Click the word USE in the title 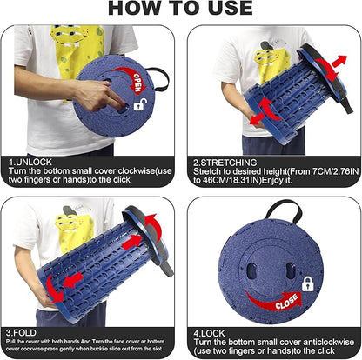[x=231, y=8]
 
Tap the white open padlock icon [x=140, y=104]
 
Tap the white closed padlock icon [x=308, y=283]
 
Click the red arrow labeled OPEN [x=134, y=79]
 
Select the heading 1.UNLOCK [x=30, y=162]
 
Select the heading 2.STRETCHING [x=225, y=163]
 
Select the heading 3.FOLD [x=21, y=332]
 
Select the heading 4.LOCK [x=209, y=333]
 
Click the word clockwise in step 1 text [x=137, y=170]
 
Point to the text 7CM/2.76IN [x=335, y=171]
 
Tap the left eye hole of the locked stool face [x=251, y=271]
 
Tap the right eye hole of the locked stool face [x=291, y=270]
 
